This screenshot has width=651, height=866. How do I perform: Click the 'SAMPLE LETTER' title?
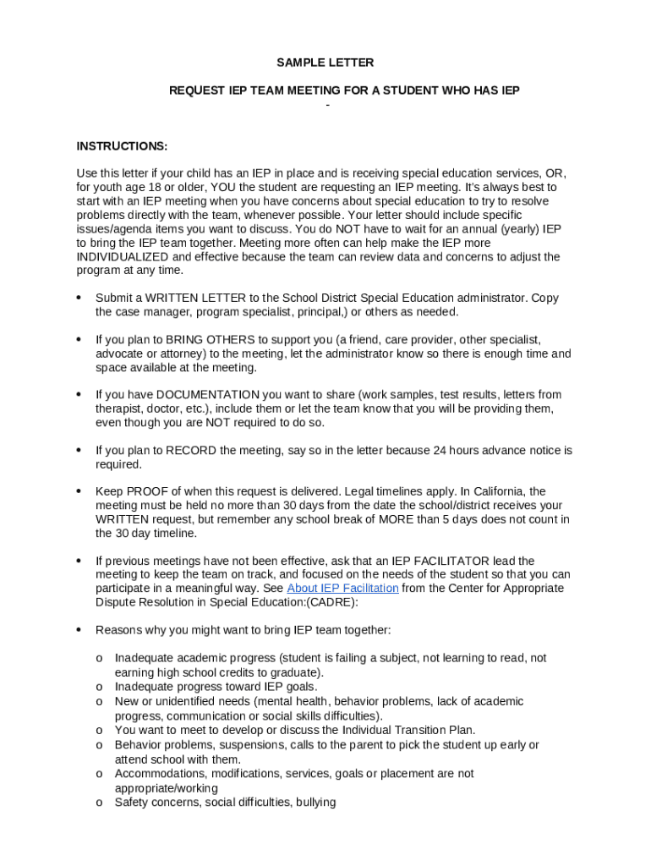(325, 63)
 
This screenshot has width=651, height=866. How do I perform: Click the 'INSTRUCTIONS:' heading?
(122, 145)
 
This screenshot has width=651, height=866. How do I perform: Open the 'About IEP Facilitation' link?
(342, 589)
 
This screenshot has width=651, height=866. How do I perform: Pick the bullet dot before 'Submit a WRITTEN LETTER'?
(79, 298)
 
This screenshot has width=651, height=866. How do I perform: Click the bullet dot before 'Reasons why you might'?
(79, 630)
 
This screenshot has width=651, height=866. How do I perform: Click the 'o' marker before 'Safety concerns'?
(99, 802)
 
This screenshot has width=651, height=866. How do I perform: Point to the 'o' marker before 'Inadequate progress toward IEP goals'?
(99, 687)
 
